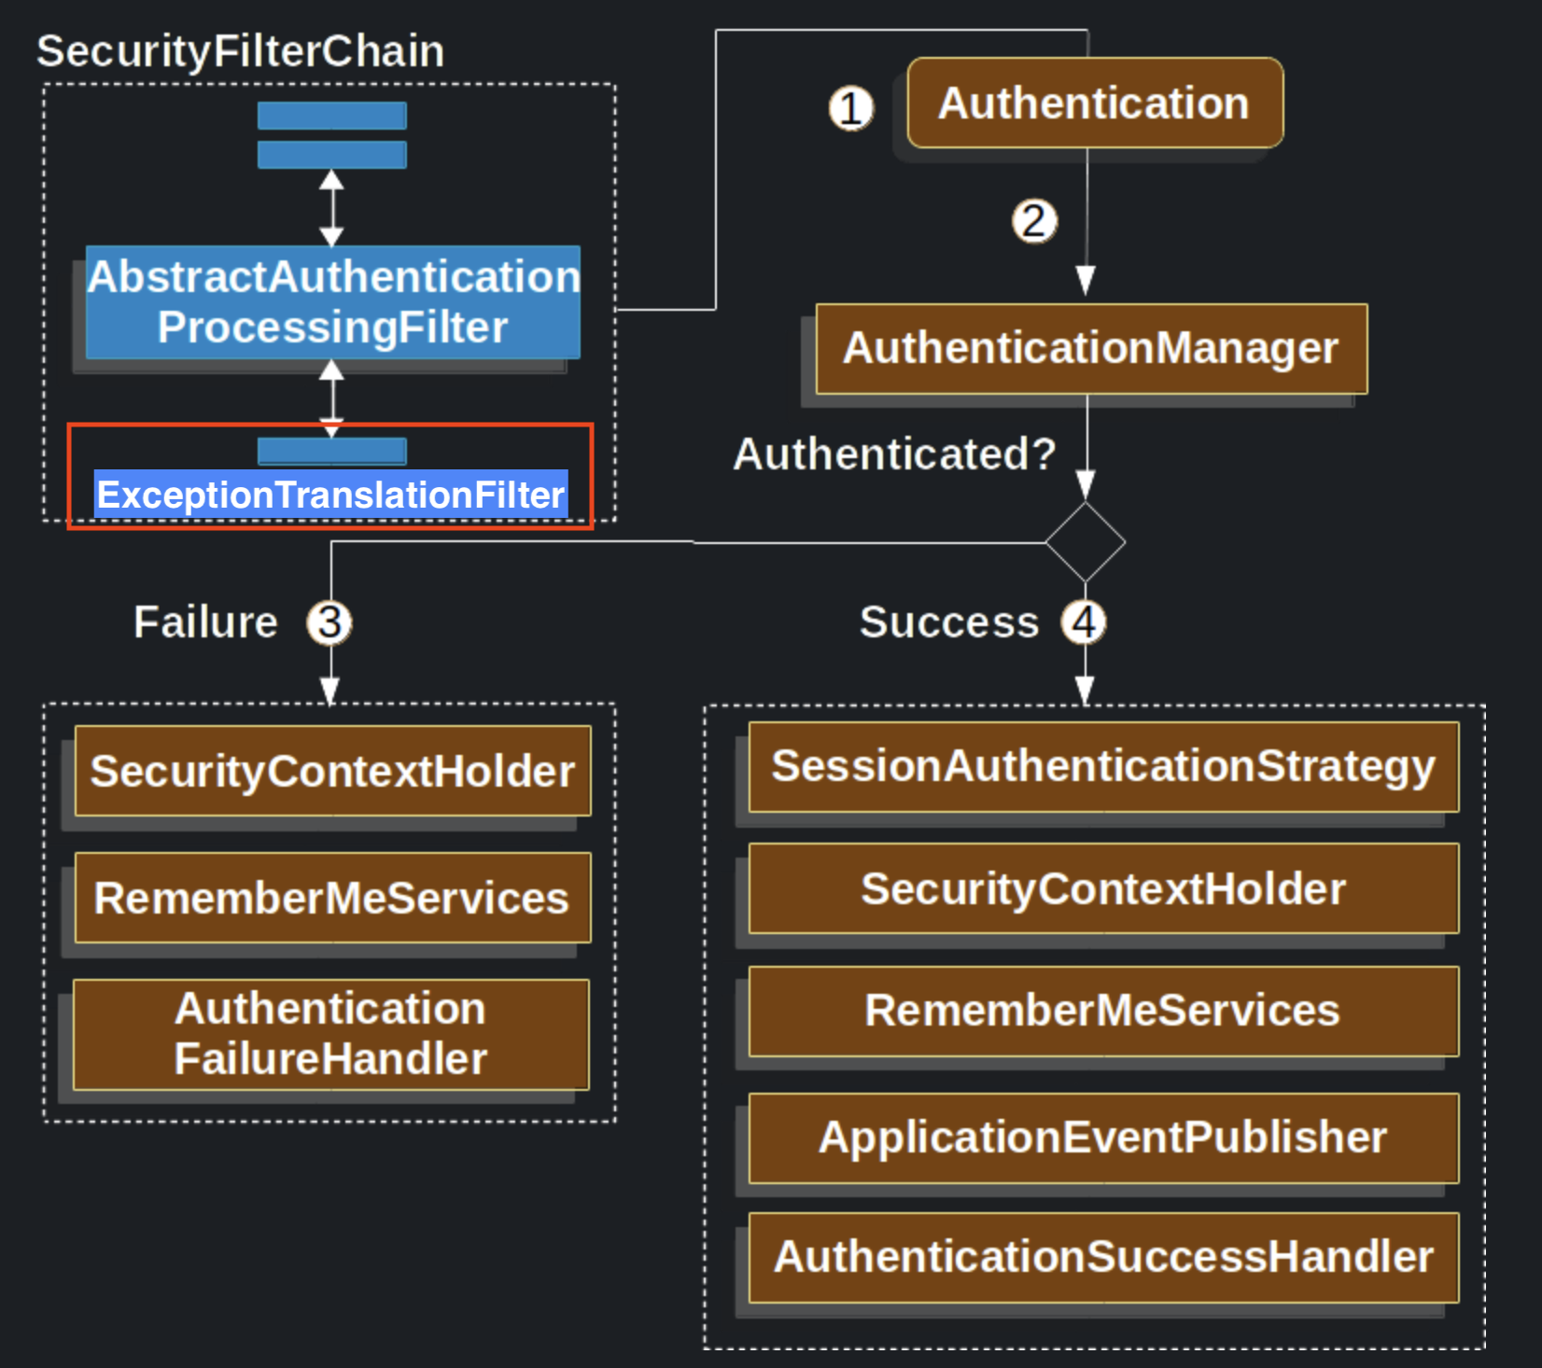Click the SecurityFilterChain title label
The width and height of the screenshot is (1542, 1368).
tap(240, 51)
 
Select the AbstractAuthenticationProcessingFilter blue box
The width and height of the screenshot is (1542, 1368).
tap(332, 302)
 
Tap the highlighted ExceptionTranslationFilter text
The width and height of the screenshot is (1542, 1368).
tap(331, 495)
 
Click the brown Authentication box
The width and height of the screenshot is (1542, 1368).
tap(1095, 103)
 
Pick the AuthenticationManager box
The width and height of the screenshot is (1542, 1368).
tap(1090, 348)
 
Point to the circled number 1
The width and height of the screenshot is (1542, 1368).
tap(850, 108)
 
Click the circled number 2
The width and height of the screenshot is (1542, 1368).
tap(1034, 222)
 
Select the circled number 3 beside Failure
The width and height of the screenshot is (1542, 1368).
tap(329, 622)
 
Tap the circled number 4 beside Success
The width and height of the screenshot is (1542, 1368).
tap(1084, 622)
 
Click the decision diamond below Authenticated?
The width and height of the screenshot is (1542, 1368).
tap(1086, 542)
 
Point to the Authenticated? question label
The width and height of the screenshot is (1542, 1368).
tap(894, 454)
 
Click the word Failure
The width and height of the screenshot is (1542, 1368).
tap(205, 622)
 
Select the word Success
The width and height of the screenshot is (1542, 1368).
tap(948, 622)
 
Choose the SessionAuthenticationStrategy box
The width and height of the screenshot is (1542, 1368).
tap(1103, 766)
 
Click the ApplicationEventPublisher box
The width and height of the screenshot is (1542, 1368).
tap(1103, 1138)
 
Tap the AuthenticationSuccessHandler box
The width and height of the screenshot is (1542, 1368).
tap(1103, 1257)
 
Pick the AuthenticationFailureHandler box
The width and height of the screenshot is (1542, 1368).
tap(331, 1034)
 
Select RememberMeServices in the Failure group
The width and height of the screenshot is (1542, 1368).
tap(332, 898)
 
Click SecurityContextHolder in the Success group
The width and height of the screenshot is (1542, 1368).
tap(1103, 888)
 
